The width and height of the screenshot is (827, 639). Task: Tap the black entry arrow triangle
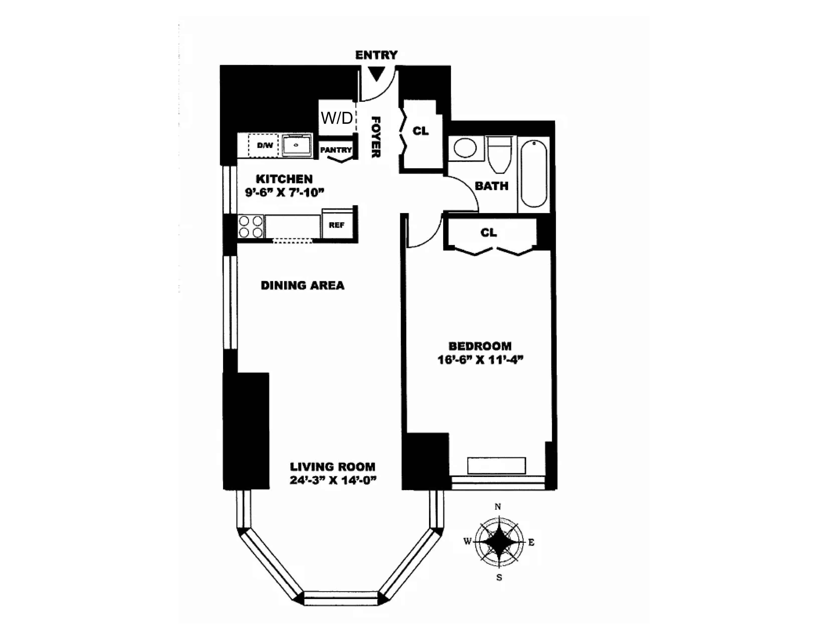(376, 73)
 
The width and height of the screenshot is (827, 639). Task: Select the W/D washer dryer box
(336, 118)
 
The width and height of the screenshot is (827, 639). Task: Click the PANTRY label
(336, 150)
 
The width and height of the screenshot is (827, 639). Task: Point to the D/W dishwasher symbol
(264, 145)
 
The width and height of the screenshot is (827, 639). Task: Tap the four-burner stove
(250, 226)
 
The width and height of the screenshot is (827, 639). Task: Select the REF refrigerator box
(336, 226)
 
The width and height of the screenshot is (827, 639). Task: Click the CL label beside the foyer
(420, 131)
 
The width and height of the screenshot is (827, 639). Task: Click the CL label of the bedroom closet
(488, 233)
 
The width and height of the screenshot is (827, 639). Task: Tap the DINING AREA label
(302, 285)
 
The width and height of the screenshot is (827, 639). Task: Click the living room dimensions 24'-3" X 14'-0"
(333, 480)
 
